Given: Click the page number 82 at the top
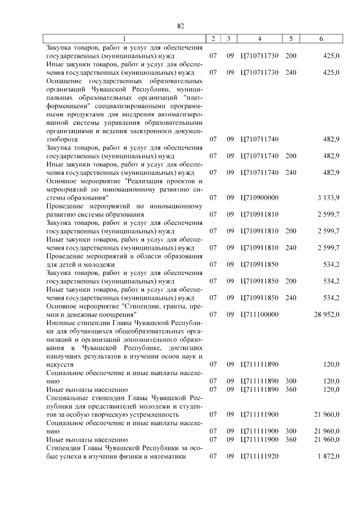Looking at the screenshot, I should [181, 26].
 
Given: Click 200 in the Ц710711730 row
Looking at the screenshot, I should [291, 56].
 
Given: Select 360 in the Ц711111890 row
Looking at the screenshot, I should [291, 389].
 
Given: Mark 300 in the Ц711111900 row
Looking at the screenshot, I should [291, 431].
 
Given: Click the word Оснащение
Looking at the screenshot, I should [64, 80].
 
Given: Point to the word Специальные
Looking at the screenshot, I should [67, 398].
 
